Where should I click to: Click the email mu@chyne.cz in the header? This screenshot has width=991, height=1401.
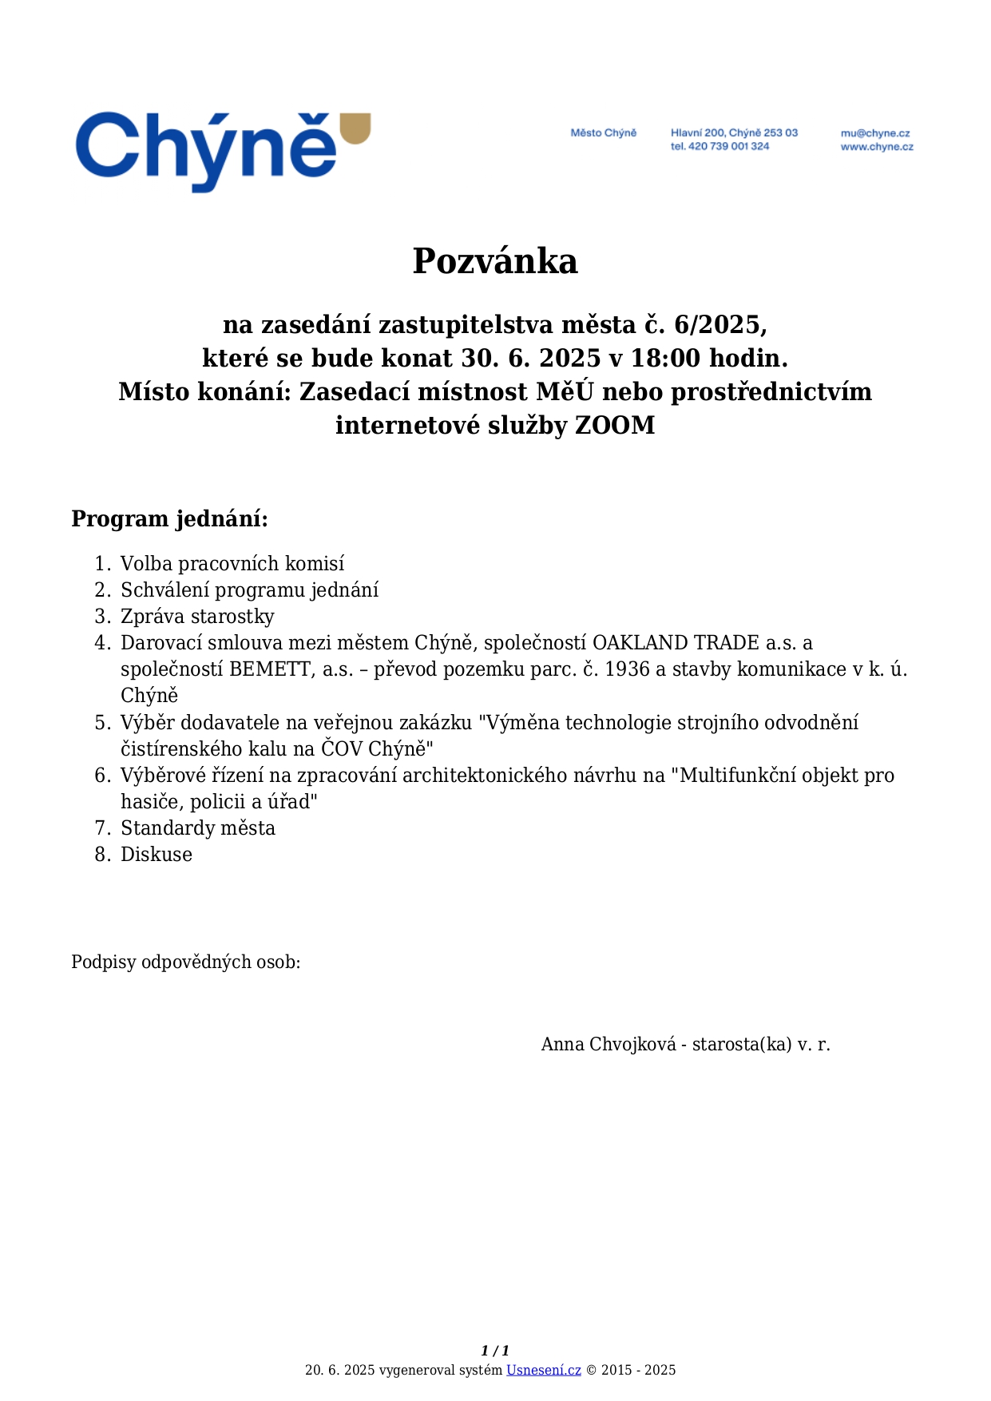(875, 133)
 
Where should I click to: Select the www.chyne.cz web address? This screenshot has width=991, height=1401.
(877, 147)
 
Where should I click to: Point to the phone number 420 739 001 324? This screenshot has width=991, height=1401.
(728, 147)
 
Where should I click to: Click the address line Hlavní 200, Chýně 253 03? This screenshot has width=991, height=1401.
(734, 133)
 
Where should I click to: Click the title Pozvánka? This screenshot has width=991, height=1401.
(495, 261)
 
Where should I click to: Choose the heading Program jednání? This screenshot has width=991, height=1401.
(170, 519)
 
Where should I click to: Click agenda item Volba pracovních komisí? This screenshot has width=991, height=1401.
(232, 564)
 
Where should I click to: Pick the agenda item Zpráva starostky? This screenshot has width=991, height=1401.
(197, 617)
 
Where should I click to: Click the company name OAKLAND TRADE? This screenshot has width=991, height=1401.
(676, 643)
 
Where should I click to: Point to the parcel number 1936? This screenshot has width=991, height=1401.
(628, 669)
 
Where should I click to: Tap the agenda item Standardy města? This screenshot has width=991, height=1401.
(198, 828)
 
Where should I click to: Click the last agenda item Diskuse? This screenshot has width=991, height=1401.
(157, 855)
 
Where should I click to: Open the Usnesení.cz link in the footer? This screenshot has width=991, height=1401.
(544, 1371)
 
